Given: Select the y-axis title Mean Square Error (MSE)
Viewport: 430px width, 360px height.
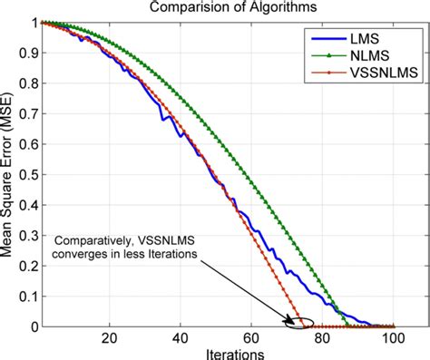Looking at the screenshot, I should click(x=8, y=174).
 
